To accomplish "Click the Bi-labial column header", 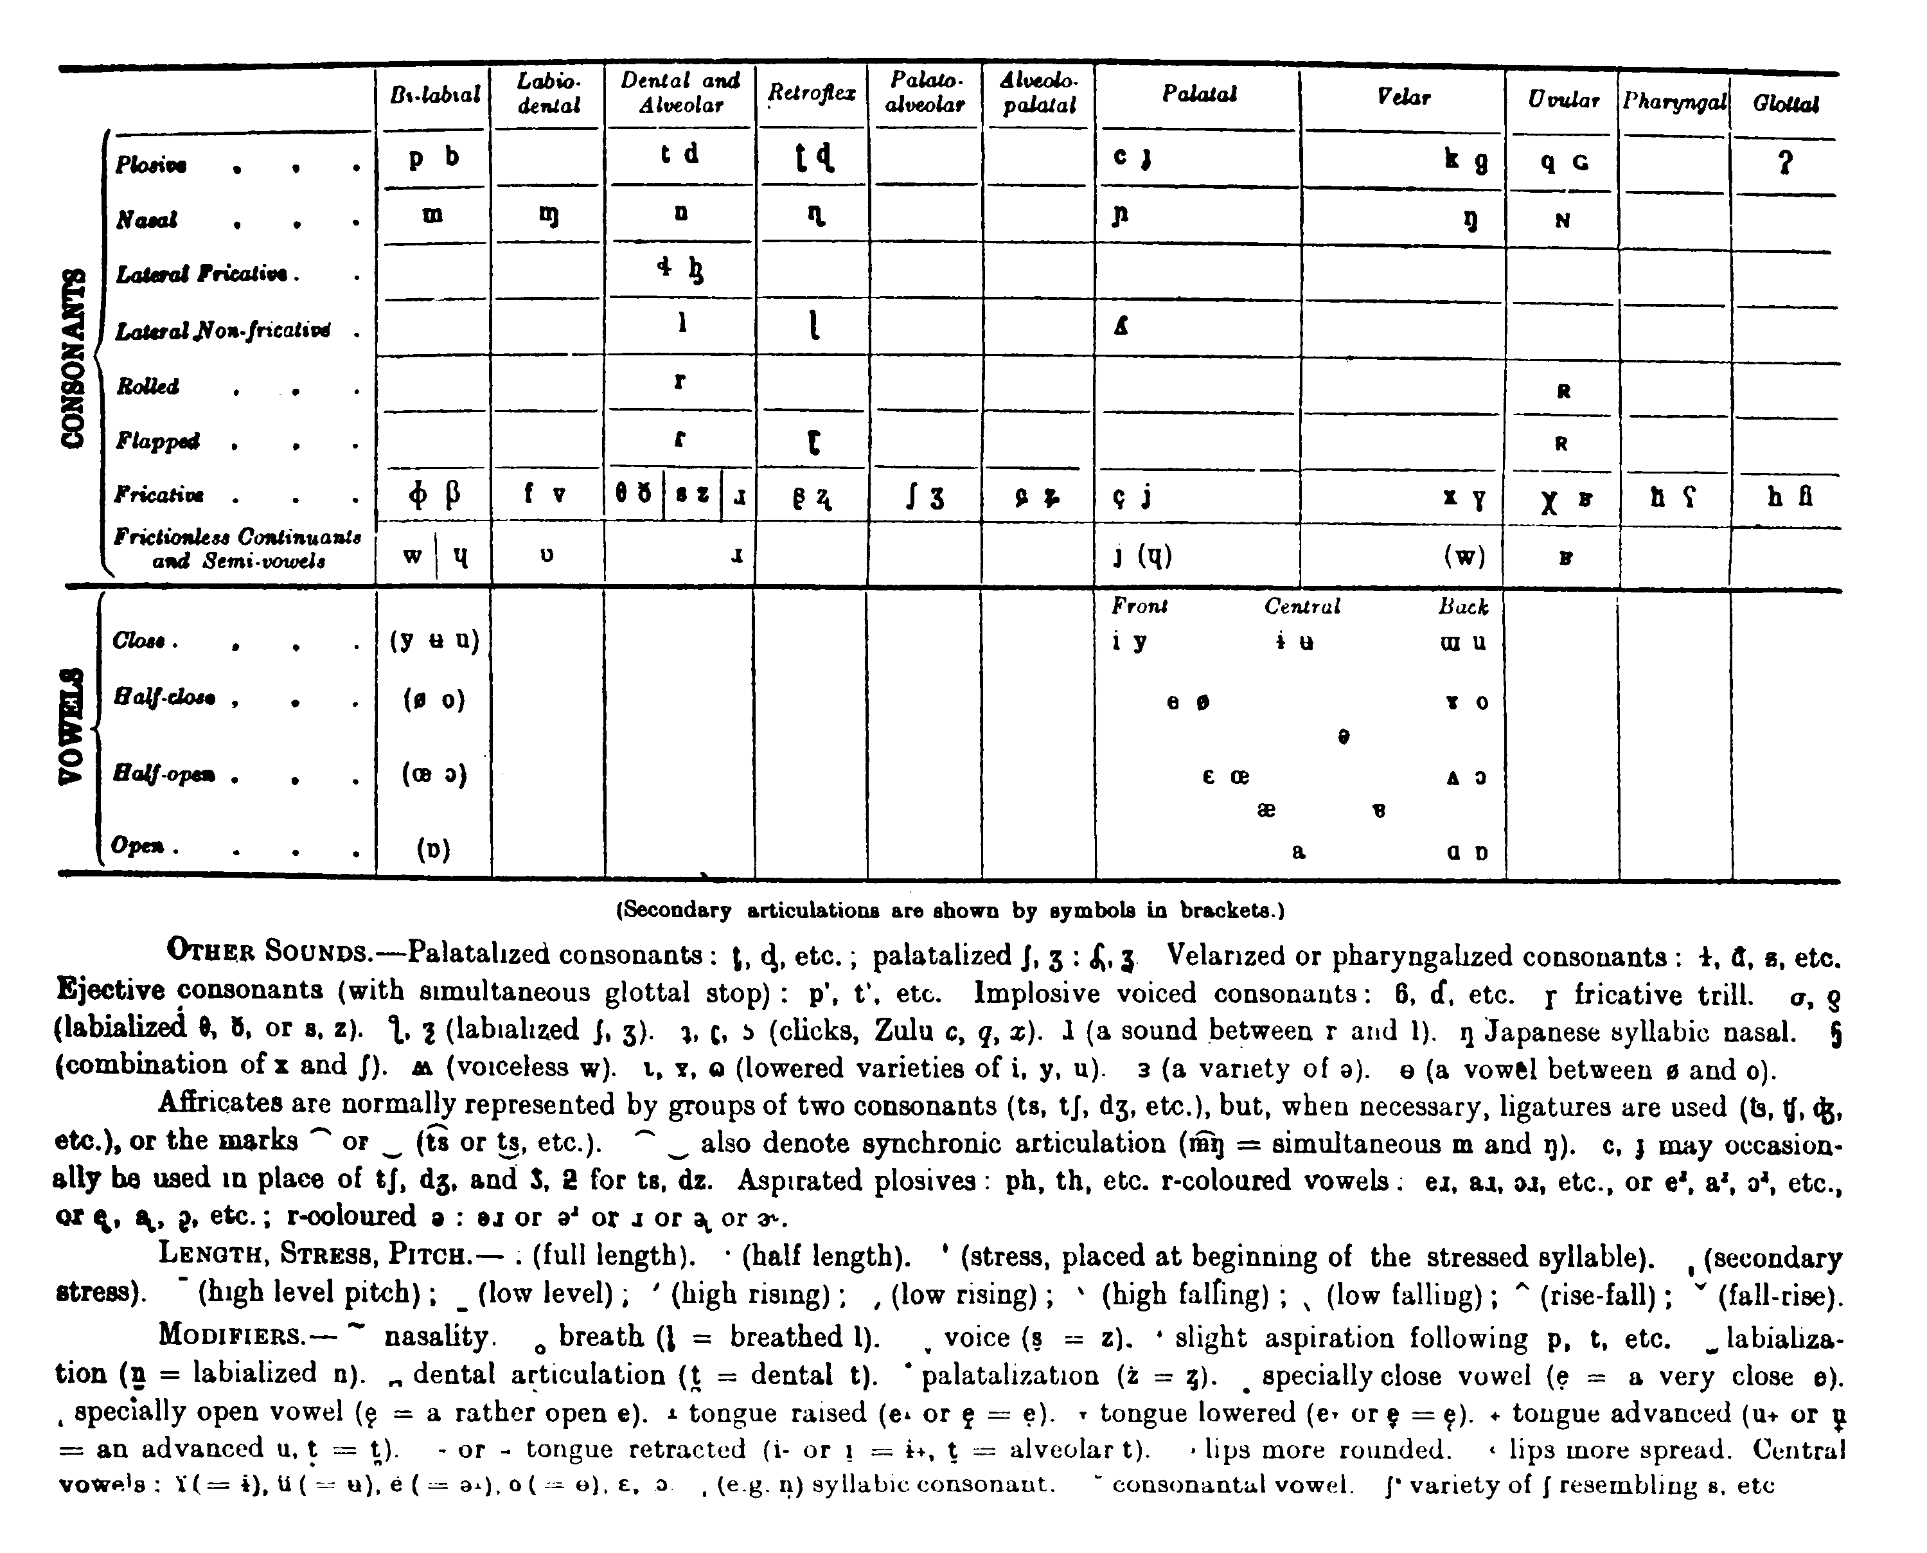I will click(435, 95).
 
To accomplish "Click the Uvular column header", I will click(1563, 100).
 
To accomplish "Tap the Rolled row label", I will click(148, 386).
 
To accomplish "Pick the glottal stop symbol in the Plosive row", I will click(1786, 164).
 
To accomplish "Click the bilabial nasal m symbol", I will click(433, 217).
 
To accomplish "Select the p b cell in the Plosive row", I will click(434, 157).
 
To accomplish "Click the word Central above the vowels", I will click(1302, 607).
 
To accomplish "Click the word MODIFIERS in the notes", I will click(233, 1336).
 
